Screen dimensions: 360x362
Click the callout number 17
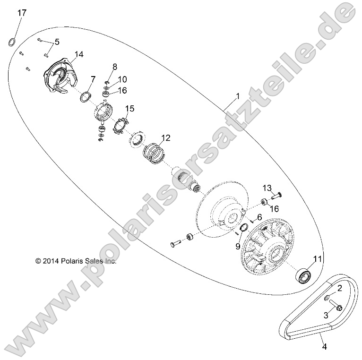click(22, 13)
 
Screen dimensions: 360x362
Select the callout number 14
click(78, 54)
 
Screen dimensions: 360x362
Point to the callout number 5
click(57, 42)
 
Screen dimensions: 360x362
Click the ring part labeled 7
click(85, 97)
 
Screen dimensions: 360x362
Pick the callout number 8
click(114, 66)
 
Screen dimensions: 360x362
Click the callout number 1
click(238, 96)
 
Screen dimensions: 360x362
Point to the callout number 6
click(259, 217)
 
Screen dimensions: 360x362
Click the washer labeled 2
click(327, 296)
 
